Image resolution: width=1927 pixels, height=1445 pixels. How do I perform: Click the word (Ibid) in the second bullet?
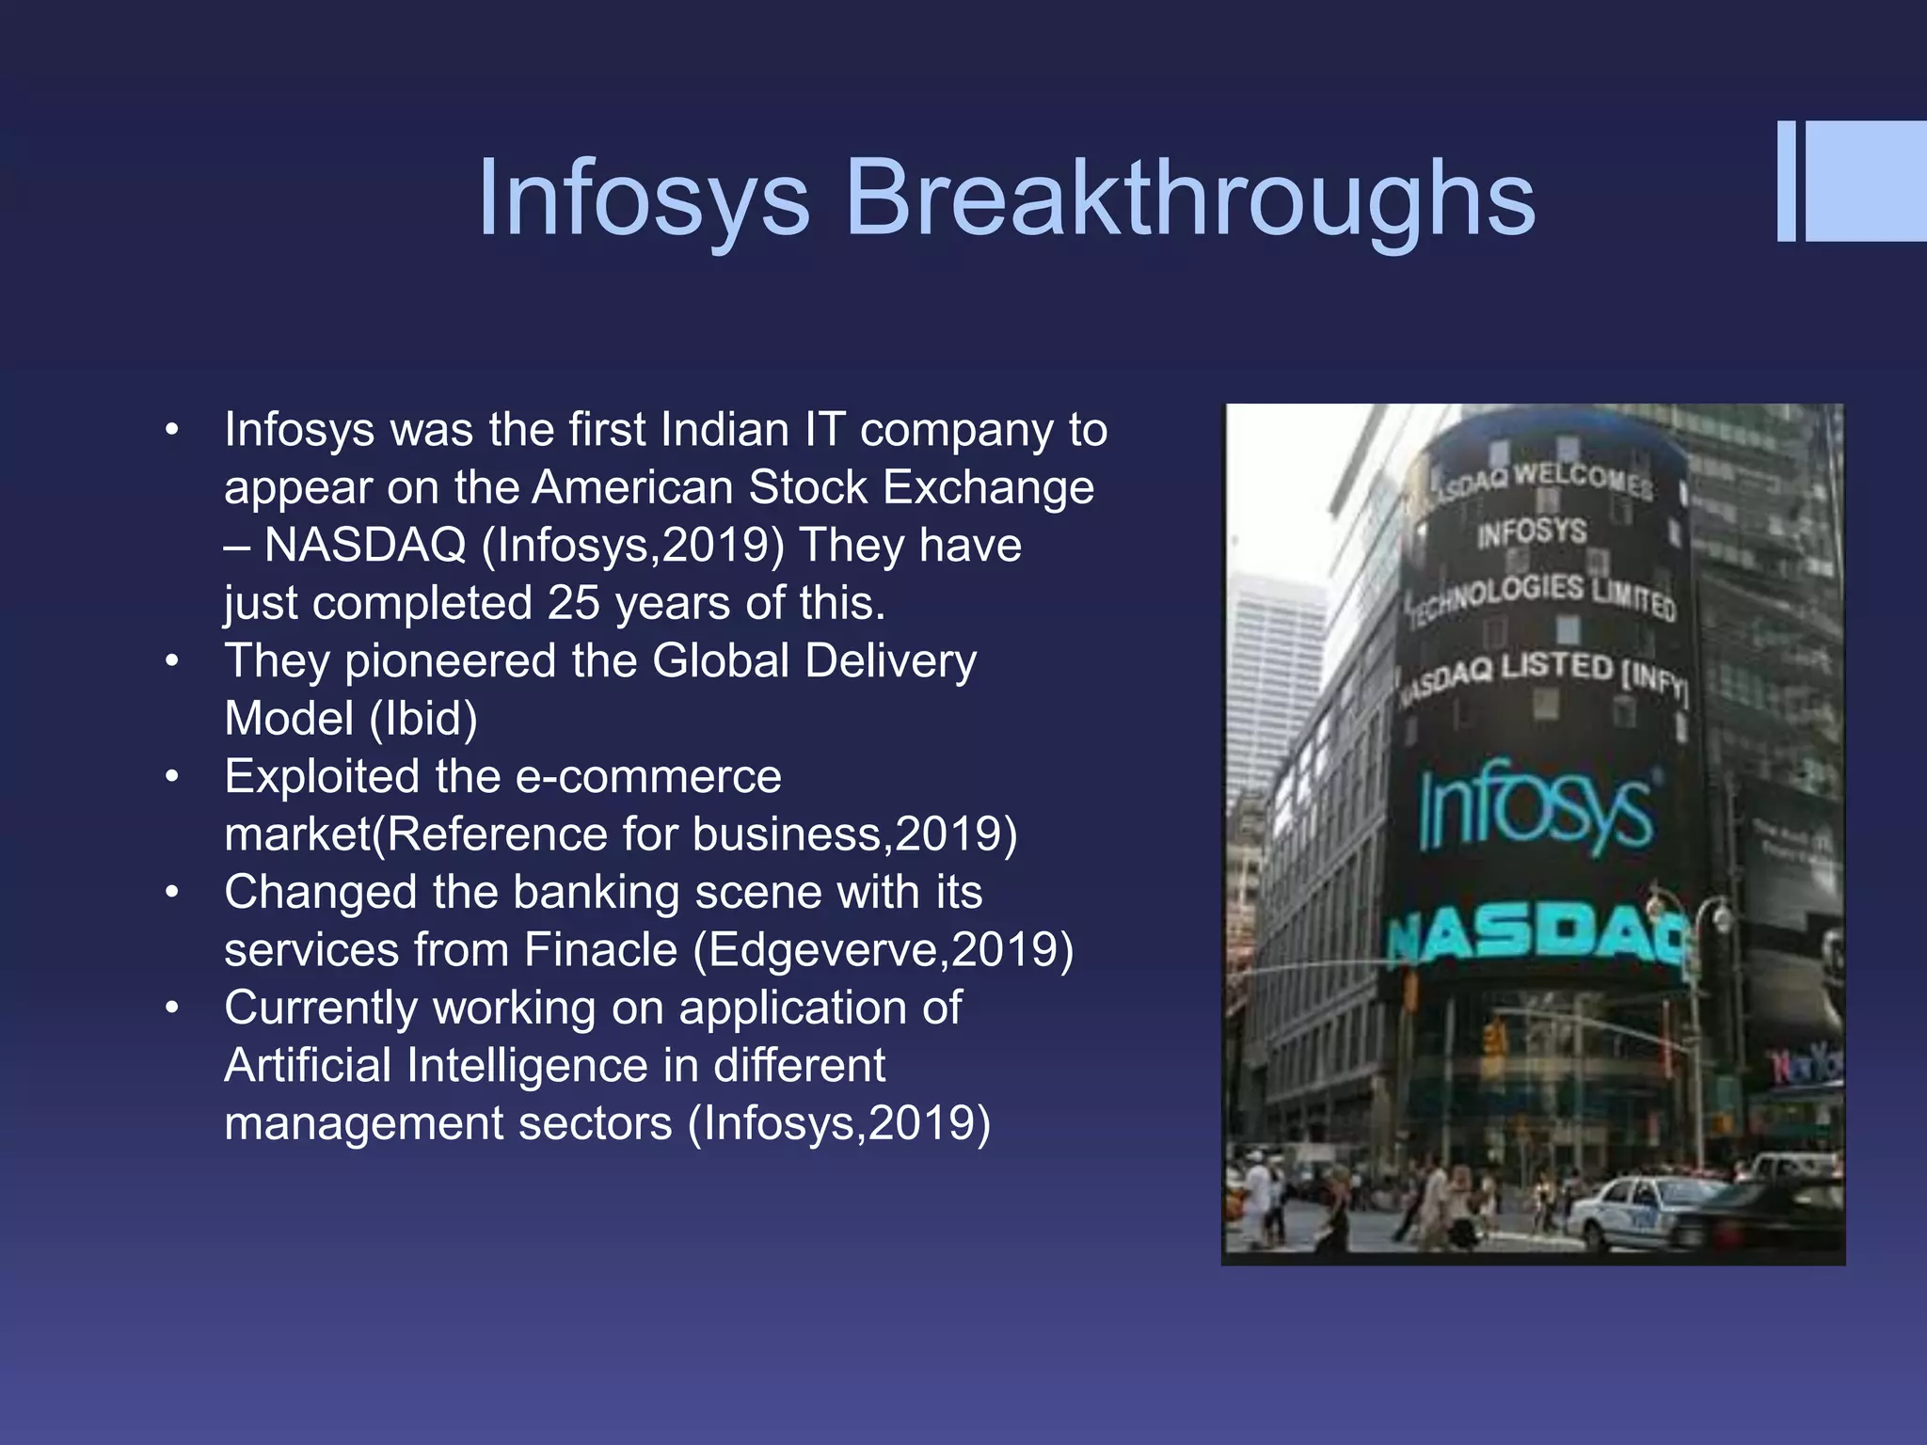pyautogui.click(x=423, y=719)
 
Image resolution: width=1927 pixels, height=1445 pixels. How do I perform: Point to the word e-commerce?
pyautogui.click(x=649, y=777)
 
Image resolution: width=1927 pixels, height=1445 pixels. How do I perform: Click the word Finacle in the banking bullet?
pyautogui.click(x=600, y=949)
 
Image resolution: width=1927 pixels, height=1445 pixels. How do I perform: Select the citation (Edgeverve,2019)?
pyautogui.click(x=884, y=949)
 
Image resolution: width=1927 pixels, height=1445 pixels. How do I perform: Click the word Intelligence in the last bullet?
pyautogui.click(x=528, y=1066)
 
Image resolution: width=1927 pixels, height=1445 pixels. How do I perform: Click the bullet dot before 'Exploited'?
pyautogui.click(x=171, y=777)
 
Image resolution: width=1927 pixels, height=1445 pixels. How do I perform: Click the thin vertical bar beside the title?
pyautogui.click(x=1786, y=182)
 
